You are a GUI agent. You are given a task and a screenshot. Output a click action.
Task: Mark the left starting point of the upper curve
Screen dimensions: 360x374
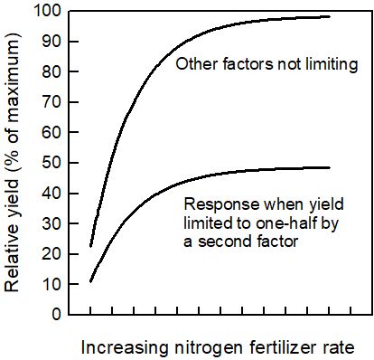(90, 246)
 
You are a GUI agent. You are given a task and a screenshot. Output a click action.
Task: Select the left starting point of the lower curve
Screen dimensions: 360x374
(90, 281)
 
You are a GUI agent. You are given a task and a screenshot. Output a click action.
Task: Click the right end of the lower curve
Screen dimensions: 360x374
(330, 167)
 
